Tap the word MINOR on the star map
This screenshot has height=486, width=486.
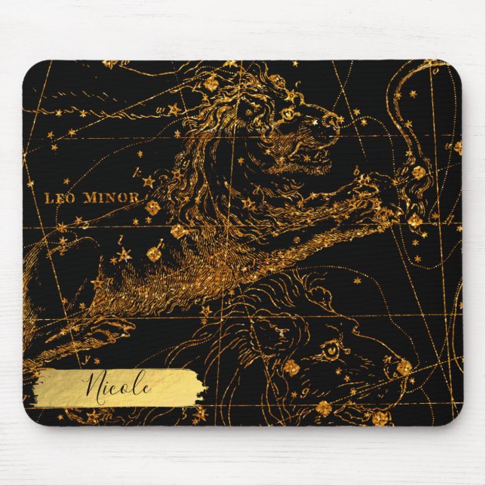point(118,198)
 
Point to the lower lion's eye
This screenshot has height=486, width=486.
point(330,349)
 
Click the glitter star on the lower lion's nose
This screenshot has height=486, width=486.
point(404,367)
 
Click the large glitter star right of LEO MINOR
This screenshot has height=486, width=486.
point(152,206)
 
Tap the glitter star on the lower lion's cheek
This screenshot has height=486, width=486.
point(291,368)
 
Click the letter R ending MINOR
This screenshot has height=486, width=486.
point(135,198)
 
